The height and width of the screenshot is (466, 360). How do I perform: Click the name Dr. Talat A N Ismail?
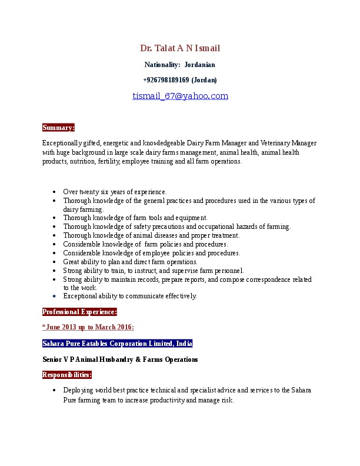pos(180,48)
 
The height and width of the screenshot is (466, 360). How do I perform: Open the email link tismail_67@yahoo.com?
pos(180,96)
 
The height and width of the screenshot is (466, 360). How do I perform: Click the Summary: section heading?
pos(58,127)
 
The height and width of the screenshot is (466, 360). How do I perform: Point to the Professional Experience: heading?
pos(79,312)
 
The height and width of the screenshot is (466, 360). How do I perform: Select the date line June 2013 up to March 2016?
pos(88,327)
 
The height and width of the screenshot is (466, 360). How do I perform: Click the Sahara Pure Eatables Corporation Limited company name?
pos(117,343)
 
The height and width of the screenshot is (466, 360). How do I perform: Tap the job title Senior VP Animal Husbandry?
pos(120,359)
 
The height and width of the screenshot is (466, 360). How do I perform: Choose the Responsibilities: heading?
pos(66,374)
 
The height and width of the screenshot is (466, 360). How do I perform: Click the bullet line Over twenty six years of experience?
pos(115,191)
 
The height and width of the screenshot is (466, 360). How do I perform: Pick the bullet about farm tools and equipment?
pos(126,218)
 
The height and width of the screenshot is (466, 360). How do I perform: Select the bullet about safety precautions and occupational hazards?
pos(176,227)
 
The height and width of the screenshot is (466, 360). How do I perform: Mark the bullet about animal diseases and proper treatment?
pos(151,235)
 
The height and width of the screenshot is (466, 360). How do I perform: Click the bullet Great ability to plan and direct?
pos(130,262)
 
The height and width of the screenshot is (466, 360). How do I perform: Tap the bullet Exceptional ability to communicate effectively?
pos(130,296)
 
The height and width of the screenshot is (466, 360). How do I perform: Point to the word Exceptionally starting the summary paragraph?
pos(61,143)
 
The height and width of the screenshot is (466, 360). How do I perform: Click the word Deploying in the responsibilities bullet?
pos(78,390)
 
